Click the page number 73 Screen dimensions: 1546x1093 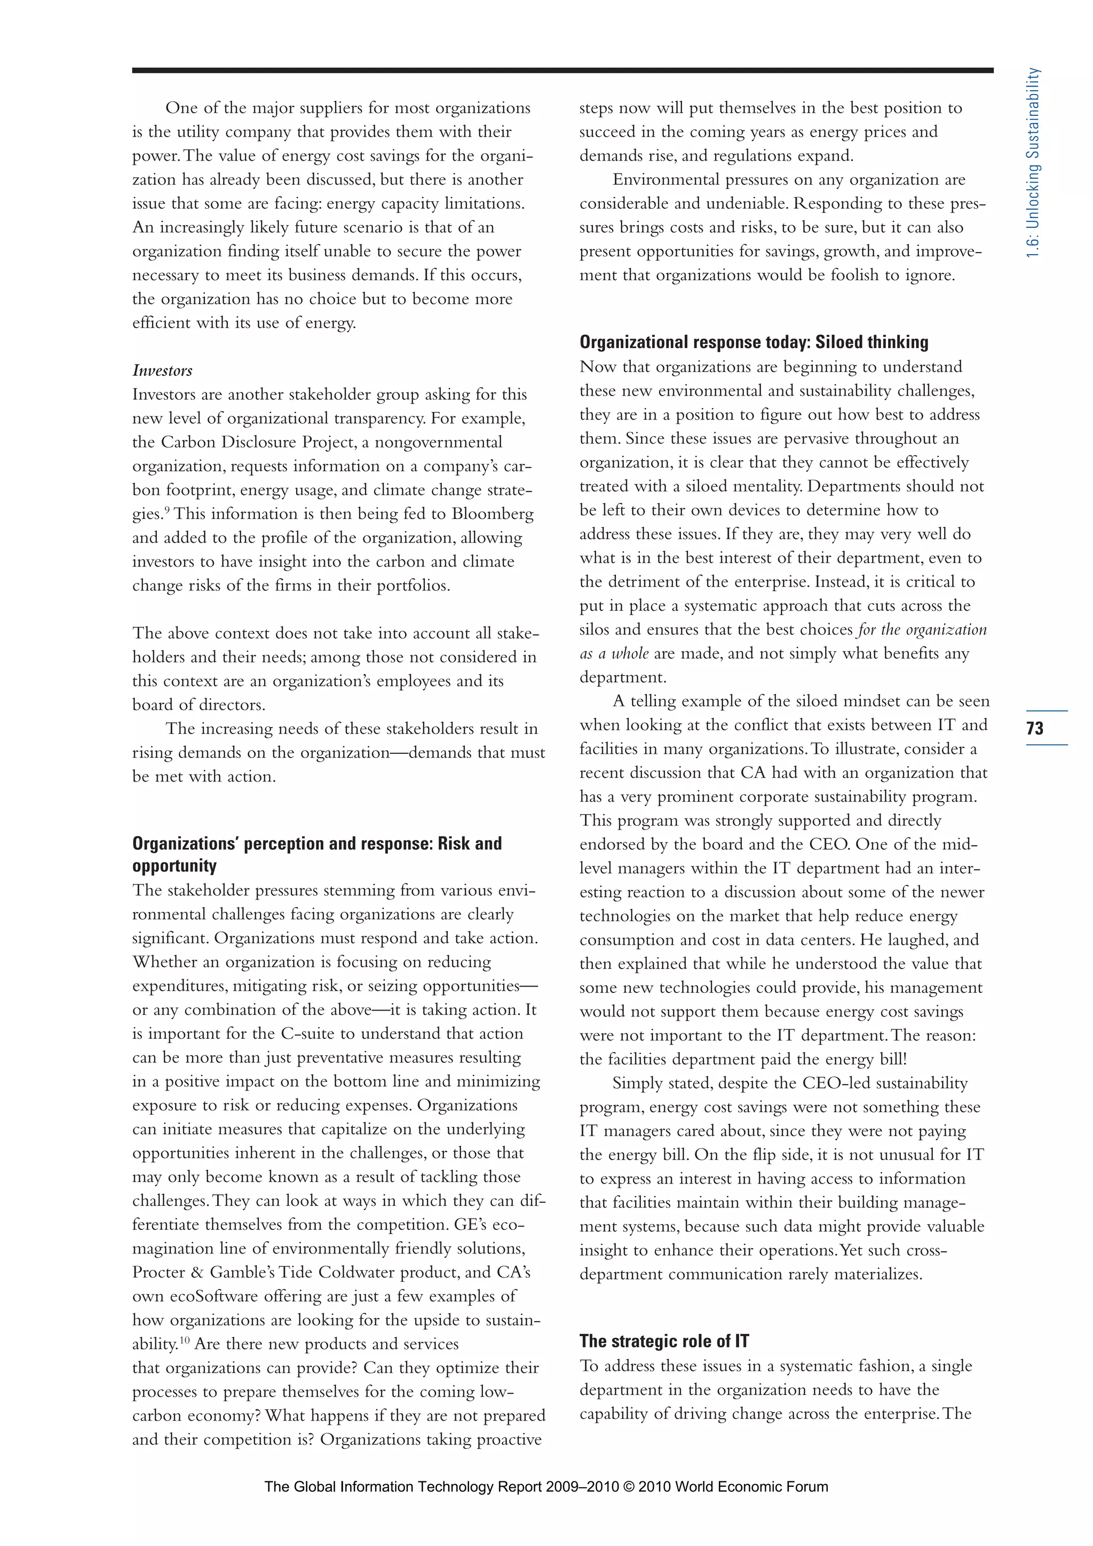coord(1035,728)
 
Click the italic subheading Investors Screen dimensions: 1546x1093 coord(162,370)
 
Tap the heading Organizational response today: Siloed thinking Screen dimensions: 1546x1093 coord(753,342)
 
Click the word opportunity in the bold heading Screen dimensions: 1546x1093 coord(175,866)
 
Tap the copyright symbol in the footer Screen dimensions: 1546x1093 coord(628,1487)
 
